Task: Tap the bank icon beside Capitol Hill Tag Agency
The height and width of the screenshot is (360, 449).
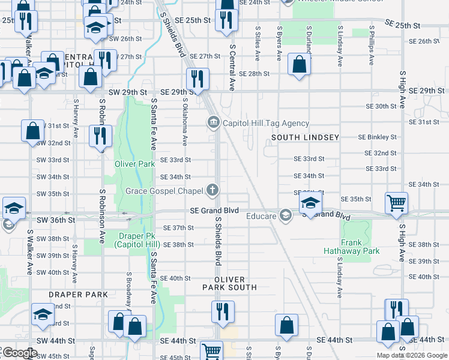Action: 213,124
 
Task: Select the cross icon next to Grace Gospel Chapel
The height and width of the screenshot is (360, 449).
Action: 212,191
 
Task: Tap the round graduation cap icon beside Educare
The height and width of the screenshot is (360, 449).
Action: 286,214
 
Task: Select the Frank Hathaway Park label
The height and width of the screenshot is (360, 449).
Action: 352,247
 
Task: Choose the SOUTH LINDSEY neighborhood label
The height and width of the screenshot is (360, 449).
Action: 305,137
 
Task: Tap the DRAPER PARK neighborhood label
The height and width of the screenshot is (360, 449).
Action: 79,295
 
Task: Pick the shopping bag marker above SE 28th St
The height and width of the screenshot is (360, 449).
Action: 298,64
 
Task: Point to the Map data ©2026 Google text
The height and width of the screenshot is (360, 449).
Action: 412,355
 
